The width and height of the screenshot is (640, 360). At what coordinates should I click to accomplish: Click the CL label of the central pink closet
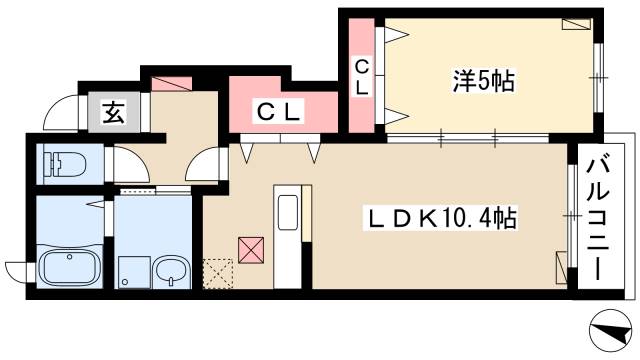[x=278, y=111]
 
